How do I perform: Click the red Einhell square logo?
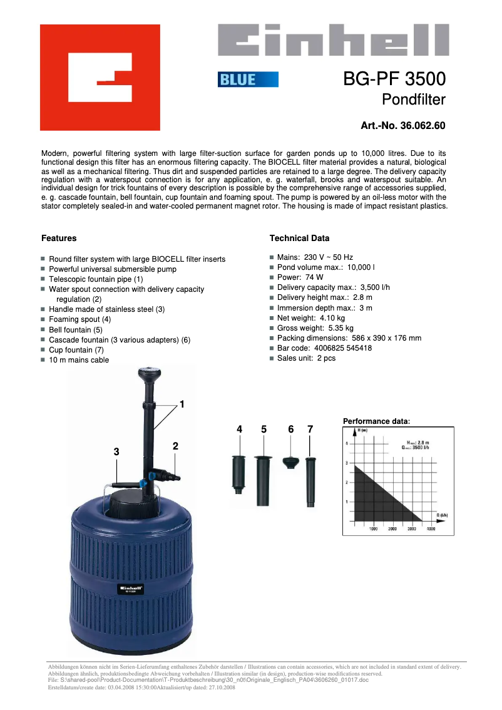(x=100, y=77)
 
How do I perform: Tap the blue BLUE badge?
(x=248, y=80)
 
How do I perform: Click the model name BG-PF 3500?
(x=394, y=80)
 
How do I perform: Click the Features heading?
(x=59, y=239)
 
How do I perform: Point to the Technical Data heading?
(x=299, y=239)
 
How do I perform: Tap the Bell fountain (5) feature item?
(x=76, y=329)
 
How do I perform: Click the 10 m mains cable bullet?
(x=79, y=360)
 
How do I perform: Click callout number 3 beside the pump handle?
(x=116, y=451)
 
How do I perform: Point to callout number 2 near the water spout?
(x=176, y=446)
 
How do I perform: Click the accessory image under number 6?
(x=290, y=462)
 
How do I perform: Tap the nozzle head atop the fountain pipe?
(x=148, y=376)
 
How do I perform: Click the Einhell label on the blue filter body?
(x=131, y=589)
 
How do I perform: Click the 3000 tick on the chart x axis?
(x=411, y=529)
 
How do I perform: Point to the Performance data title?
(x=376, y=421)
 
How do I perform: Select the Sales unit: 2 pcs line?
(x=306, y=358)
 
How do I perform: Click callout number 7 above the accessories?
(x=310, y=429)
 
